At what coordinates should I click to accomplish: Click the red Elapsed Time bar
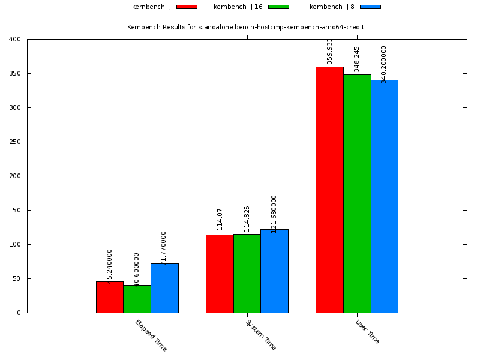point(110,297)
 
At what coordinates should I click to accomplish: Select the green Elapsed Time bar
point(137,299)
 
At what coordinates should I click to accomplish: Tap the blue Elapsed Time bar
point(164,288)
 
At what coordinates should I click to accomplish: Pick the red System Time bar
point(220,274)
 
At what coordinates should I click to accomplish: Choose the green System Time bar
point(247,274)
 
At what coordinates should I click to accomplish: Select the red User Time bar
point(329,190)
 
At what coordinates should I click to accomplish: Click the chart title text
point(245,27)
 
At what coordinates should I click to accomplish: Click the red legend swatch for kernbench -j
point(187,7)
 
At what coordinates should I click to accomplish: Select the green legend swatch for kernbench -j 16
point(278,7)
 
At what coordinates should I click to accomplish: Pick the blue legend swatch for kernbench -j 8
point(370,7)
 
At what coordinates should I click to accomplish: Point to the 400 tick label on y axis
point(15,40)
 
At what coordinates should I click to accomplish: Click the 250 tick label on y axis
point(15,142)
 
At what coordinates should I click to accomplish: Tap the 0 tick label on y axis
point(19,313)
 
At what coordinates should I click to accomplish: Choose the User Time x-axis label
point(367,331)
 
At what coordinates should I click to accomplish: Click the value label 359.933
point(330,52)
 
